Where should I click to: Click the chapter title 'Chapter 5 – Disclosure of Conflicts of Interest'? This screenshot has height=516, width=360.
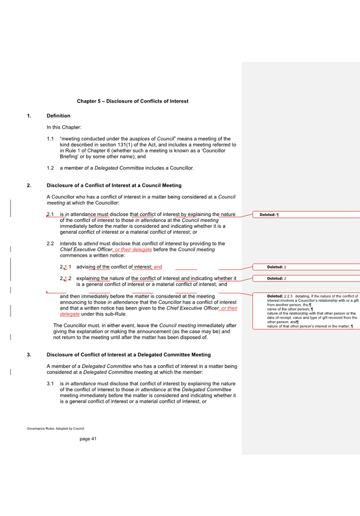133,101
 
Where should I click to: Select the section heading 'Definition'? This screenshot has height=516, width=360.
58,116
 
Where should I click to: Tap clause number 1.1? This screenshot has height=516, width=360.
50,139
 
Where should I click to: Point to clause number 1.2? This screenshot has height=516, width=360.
50,168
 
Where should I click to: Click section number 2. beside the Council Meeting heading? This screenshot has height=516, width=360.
29,185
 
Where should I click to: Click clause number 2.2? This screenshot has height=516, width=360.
50,243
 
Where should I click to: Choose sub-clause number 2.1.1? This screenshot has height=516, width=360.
66,267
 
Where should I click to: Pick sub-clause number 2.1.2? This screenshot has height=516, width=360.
66,279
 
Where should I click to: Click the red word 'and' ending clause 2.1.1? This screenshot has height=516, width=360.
158,267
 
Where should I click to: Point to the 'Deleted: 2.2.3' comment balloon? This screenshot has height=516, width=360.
306,311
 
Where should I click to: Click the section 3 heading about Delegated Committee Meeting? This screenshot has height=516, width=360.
128,355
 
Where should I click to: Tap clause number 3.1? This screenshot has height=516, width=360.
50,384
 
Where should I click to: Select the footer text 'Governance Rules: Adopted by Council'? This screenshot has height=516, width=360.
55,429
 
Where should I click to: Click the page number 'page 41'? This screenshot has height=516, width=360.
88,439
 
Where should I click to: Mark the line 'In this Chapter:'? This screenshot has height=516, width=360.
64,127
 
